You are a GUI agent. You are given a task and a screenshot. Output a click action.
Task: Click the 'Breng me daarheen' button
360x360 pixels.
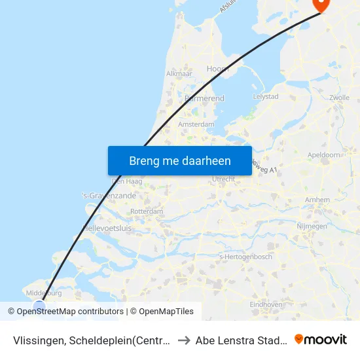point(180,160)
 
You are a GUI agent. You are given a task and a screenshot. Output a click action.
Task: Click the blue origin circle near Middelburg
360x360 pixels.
point(39,306)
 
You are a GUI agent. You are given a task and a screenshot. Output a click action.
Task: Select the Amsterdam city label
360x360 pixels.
point(196,124)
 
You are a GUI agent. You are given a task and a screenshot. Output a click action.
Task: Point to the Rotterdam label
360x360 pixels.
point(147,212)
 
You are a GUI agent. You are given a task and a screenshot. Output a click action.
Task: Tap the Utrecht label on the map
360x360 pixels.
point(224,179)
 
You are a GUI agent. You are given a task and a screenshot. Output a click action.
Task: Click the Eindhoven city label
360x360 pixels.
point(266,304)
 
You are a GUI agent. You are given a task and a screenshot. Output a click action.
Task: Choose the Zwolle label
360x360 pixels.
point(340,98)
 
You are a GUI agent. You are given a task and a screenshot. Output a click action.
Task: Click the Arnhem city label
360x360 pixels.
point(317,200)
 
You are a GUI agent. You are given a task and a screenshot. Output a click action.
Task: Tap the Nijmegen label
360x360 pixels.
point(312,226)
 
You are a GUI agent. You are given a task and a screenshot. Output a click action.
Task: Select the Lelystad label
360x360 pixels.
point(265,96)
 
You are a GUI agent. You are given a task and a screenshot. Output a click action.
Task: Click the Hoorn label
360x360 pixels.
point(217,69)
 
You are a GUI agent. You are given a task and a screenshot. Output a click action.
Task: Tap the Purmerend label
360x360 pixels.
point(205,98)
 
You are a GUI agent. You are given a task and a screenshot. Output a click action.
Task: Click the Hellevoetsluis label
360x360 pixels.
point(107,228)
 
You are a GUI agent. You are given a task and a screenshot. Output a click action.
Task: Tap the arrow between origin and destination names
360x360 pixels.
point(184,340)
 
